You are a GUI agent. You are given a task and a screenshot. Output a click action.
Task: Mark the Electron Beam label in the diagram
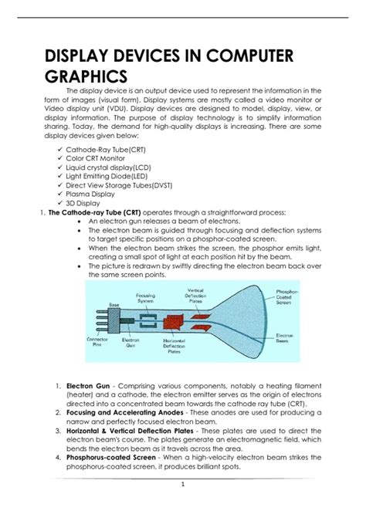(286, 337)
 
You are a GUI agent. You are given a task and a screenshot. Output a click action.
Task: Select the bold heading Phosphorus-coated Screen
(113, 457)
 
